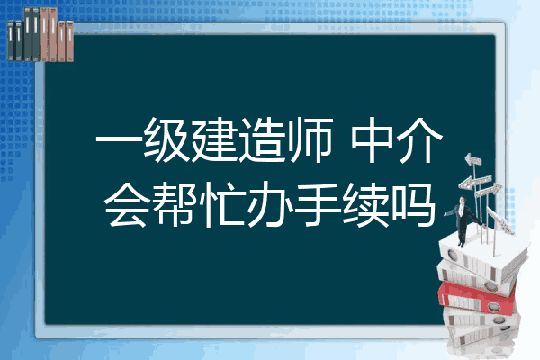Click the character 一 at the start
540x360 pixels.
click(119, 140)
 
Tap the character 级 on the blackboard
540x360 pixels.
click(166, 140)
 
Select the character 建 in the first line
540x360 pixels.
click(214, 140)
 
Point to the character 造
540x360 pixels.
click(262, 140)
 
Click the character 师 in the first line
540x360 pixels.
click(310, 140)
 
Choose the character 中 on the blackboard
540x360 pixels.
click(372, 140)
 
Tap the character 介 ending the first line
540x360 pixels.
click(419, 140)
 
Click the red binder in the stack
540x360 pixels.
click(477, 298)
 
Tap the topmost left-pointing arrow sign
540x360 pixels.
click(473, 160)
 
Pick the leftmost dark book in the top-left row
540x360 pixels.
click(11, 41)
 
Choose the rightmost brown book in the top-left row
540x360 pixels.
click(69, 41)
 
